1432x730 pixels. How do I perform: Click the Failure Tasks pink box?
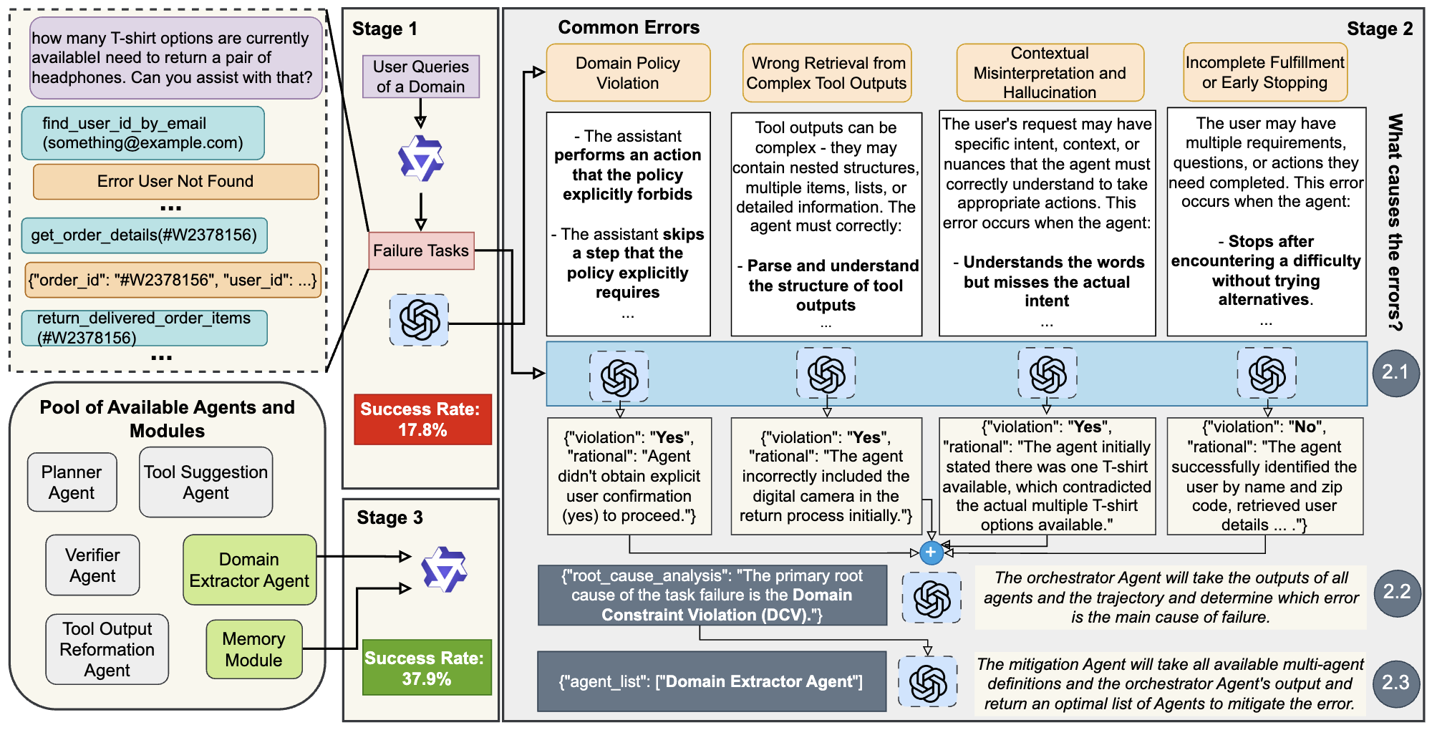click(x=421, y=250)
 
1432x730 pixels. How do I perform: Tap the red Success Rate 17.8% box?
click(x=422, y=419)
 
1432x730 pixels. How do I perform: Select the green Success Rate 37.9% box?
click(x=426, y=667)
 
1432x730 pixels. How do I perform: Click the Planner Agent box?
click(x=72, y=482)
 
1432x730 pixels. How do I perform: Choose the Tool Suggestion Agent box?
click(x=205, y=482)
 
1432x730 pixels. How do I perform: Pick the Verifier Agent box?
click(x=92, y=565)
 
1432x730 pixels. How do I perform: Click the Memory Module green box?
click(x=253, y=649)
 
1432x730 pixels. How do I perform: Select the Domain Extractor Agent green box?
click(x=249, y=570)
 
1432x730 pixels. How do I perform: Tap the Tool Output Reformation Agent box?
click(x=107, y=649)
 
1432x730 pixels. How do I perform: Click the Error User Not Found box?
click(x=175, y=181)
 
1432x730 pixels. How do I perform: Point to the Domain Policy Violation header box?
click(x=628, y=73)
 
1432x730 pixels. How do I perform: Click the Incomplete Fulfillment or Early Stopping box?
click(x=1264, y=72)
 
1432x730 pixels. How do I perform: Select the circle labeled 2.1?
click(x=1395, y=373)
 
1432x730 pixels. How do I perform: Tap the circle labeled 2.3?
click(x=1395, y=683)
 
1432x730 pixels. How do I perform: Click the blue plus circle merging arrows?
click(x=931, y=553)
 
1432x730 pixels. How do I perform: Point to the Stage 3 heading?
click(x=390, y=517)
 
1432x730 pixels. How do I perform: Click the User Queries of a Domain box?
click(x=420, y=77)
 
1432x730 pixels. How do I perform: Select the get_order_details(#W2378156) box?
click(x=144, y=235)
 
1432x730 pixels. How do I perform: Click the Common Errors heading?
click(x=628, y=27)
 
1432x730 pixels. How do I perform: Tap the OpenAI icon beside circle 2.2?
click(x=932, y=598)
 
